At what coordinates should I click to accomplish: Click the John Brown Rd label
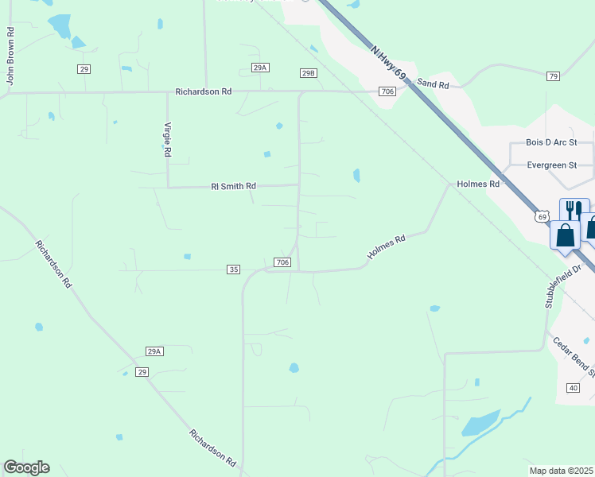coord(10,56)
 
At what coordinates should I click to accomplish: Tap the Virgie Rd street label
coord(167,138)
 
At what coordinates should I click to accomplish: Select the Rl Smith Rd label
coord(233,186)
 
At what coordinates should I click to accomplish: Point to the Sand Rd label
coord(433,83)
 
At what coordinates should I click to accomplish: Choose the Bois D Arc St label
coord(551,142)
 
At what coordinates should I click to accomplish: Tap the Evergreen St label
coord(551,165)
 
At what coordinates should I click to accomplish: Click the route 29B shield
coord(309,73)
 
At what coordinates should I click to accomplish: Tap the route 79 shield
coord(553,76)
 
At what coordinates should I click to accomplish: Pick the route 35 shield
coord(233,270)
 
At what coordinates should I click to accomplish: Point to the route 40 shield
coord(573,387)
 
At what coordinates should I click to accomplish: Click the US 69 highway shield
coord(542,216)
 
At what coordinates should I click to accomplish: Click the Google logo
coord(26,467)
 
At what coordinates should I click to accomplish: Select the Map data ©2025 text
coord(561,471)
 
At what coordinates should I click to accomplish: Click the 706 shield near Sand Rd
coord(387,92)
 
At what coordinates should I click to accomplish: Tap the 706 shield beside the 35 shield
coord(282,262)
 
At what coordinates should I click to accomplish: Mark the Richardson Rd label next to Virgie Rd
coord(204,92)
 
